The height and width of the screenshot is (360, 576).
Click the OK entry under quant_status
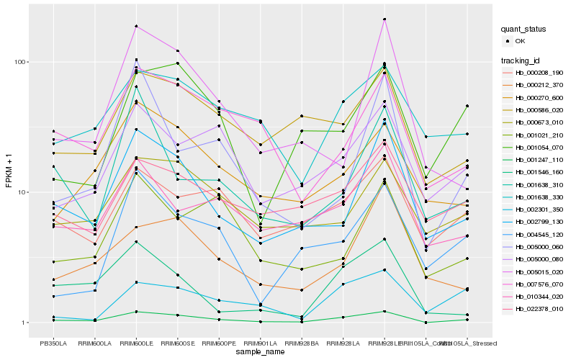click(519, 41)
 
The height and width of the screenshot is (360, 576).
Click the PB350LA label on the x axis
click(53, 343)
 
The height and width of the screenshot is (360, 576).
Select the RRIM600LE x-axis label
click(136, 343)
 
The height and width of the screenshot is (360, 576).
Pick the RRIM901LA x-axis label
click(260, 343)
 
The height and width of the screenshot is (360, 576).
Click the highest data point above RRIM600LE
click(136, 27)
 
